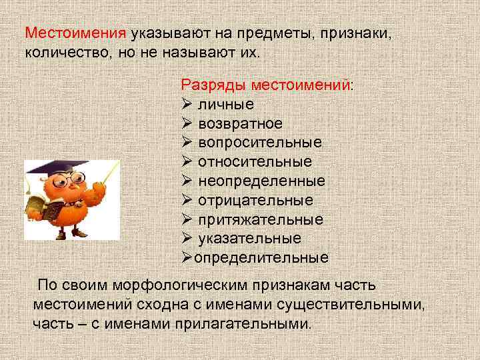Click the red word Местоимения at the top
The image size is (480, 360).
tap(75, 33)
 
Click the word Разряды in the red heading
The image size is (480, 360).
tap(208, 85)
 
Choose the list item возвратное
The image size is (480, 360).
tap(240, 124)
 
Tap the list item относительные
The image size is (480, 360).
tap(255, 162)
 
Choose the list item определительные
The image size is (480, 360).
tap(261, 257)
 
